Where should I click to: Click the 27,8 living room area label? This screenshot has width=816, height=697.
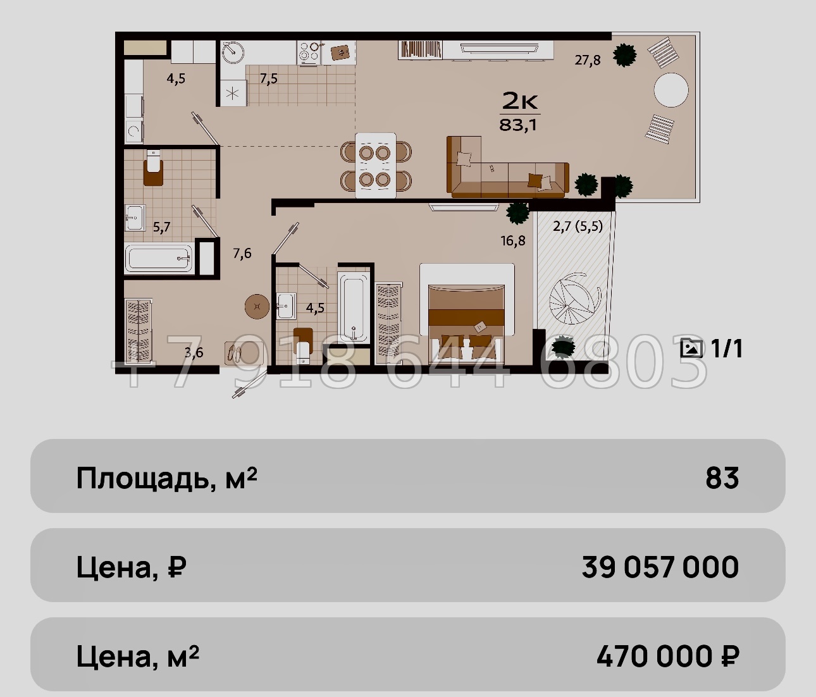pos(588,60)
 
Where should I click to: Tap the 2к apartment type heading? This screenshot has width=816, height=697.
pos(519,101)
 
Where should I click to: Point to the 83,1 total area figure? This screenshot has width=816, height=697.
pos(518,125)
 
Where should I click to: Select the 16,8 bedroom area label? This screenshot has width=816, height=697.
pos(513,240)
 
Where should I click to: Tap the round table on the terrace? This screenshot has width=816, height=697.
pos(671,90)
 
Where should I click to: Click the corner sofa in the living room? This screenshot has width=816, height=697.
pos(508,168)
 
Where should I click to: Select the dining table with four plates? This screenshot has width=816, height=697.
pos(376,165)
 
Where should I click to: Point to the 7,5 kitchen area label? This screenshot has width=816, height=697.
pos(268,79)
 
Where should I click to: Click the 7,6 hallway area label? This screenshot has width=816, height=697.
pos(242,254)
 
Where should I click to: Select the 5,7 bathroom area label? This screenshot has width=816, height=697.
pos(162,227)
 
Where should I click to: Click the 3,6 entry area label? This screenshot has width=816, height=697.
pos(194,352)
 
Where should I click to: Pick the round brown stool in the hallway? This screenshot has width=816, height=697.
pos(257,306)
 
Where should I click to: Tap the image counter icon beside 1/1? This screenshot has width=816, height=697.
pos(691,348)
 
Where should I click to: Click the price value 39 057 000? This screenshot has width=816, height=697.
pos(660,567)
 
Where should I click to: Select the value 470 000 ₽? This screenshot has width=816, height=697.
pos(667,657)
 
